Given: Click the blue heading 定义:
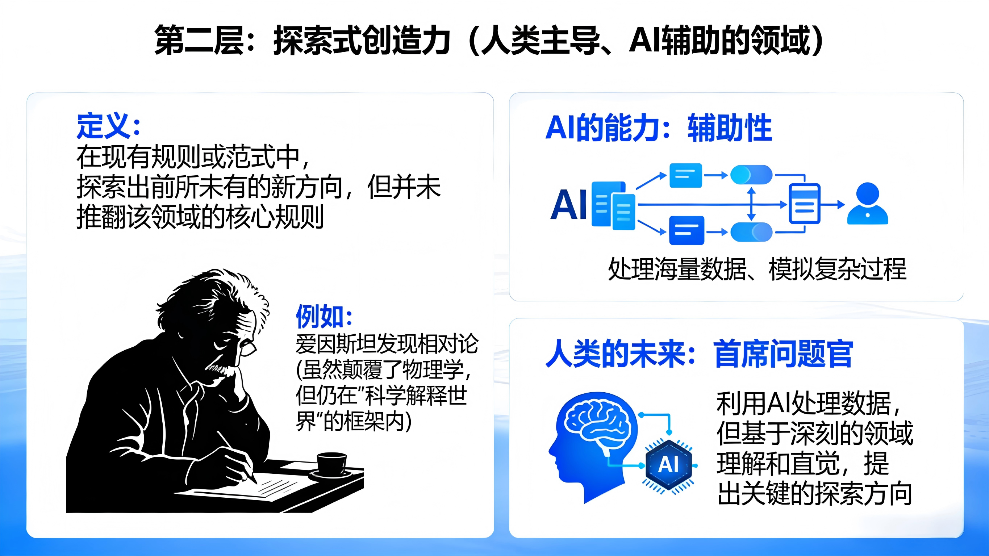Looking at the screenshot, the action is (109, 126).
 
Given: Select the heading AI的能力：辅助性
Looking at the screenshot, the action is (659, 128).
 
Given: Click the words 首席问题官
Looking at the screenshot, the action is (783, 354).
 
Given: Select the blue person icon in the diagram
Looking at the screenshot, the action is (867, 204).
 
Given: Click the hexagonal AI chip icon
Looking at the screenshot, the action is (669, 465).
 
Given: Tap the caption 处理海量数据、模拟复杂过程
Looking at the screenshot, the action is (757, 269).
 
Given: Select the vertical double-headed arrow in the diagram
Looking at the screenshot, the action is (752, 204).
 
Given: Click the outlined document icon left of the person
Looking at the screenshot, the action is (804, 204).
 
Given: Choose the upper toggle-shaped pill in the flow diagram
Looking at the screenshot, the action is (751, 175).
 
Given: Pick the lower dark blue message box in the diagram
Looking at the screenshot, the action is (687, 230).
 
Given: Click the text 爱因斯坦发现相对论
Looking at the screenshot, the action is (387, 344).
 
